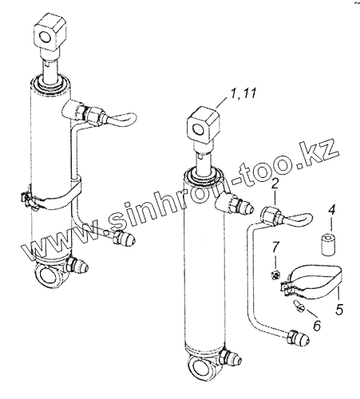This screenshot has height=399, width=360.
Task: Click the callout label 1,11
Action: [x=243, y=94]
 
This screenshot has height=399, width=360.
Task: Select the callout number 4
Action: [x=331, y=210]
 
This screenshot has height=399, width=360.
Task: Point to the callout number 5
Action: [x=338, y=309]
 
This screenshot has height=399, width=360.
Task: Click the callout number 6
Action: [x=317, y=326]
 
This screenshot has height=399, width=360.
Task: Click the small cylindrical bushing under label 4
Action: [x=328, y=244]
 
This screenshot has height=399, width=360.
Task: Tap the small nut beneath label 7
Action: [x=275, y=275]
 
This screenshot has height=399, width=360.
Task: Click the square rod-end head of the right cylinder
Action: [x=204, y=125]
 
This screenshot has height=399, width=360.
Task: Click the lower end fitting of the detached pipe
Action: [x=297, y=338]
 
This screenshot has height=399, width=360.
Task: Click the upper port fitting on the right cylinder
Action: [x=234, y=204]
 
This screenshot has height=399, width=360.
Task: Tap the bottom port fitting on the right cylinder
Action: [x=230, y=358]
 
